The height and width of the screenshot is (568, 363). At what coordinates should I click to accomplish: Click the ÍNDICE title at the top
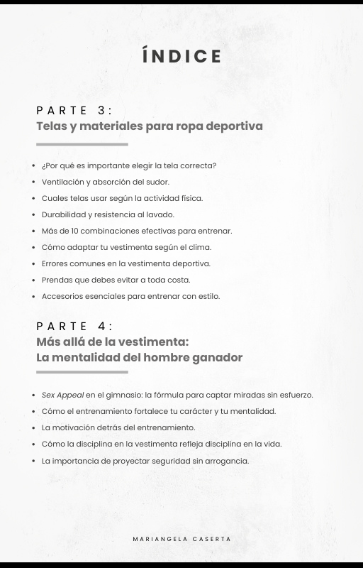point(181,56)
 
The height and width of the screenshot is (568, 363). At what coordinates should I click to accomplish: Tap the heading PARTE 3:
point(74,110)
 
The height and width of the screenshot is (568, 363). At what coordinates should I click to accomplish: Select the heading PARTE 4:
point(74,326)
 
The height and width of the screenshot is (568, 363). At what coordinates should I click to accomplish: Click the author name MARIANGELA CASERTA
point(181,539)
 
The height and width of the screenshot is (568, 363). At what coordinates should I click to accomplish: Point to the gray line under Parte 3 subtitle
point(82,144)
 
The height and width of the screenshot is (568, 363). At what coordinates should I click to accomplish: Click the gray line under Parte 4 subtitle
point(82,371)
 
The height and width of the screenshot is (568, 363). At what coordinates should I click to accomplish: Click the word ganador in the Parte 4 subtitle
point(217,358)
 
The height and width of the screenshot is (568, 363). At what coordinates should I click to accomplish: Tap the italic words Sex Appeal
point(62,395)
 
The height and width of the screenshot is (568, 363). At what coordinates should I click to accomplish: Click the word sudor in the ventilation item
point(159,182)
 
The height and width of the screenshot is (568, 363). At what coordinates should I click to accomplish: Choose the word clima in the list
point(201,247)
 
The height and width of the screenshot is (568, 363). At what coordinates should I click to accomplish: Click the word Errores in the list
point(55,263)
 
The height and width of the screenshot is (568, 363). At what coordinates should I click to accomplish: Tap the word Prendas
point(57,280)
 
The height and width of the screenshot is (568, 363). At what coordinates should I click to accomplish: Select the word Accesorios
point(62,296)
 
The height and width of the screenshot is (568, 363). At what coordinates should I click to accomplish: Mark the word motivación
point(72,427)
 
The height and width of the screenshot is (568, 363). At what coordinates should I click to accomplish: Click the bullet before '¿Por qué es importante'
point(34,166)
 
